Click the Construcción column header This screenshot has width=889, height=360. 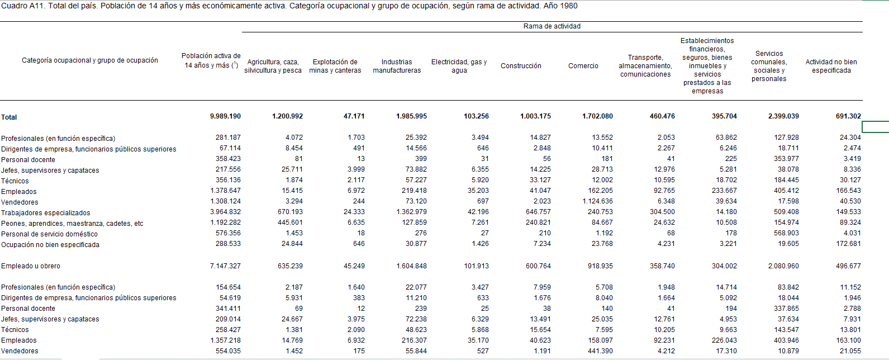pyautogui.click(x=521, y=66)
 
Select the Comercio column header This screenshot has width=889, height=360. pyautogui.click(x=583, y=66)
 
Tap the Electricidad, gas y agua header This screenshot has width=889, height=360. pyautogui.click(x=459, y=66)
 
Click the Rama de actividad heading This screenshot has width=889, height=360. pyautogui.click(x=552, y=26)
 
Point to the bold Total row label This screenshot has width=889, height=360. pyautogui.click(x=9, y=117)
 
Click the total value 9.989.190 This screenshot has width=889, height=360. pyautogui.click(x=225, y=116)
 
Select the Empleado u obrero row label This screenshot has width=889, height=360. pyautogui.click(x=31, y=266)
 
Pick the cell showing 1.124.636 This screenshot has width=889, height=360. pyautogui.click(x=597, y=201)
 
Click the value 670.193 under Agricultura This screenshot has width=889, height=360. pyautogui.click(x=290, y=212)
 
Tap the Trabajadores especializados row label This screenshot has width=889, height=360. pyautogui.click(x=45, y=213)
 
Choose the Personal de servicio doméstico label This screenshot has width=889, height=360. pyautogui.click(x=49, y=234)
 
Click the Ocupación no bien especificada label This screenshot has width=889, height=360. pyautogui.click(x=50, y=245)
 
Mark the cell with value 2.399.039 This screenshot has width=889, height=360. pyautogui.click(x=783, y=116)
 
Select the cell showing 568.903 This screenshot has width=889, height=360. pyautogui.click(x=786, y=233)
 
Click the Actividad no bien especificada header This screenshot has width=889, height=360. pyautogui.click(x=831, y=66)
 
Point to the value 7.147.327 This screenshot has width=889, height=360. pyautogui.click(x=225, y=266)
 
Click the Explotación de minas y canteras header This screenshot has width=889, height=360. pyautogui.click(x=335, y=66)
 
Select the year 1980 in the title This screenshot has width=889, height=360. pyautogui.click(x=568, y=6)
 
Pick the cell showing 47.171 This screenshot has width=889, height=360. pyautogui.click(x=354, y=116)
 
